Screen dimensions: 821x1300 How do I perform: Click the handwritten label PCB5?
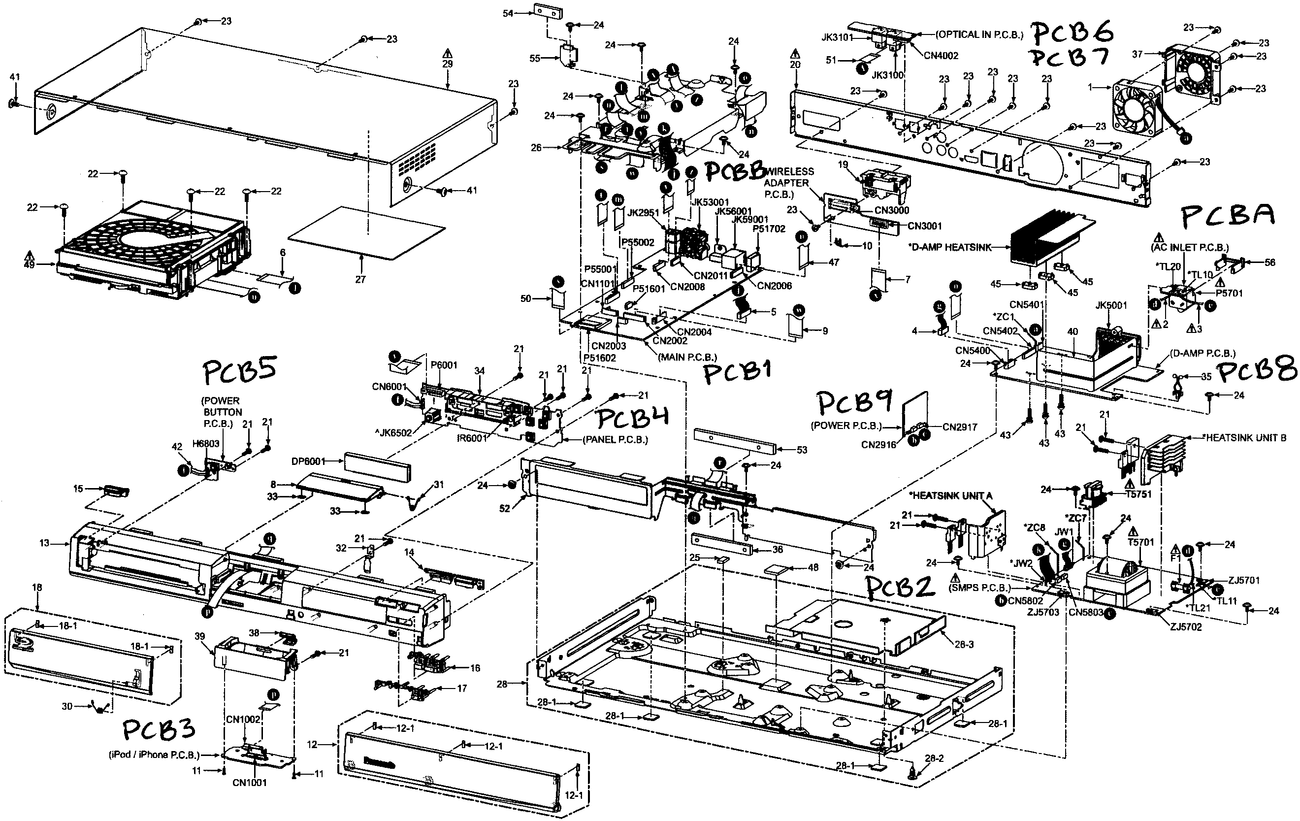tap(240, 372)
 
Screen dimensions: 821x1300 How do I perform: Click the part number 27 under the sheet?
tap(360, 279)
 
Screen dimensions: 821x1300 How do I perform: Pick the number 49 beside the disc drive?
tap(29, 264)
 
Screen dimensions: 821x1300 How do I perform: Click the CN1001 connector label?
tap(250, 783)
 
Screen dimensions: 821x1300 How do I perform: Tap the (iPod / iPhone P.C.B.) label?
tap(154, 755)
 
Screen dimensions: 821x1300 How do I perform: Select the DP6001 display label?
tap(308, 461)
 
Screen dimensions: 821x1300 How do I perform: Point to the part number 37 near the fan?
tap(1137, 54)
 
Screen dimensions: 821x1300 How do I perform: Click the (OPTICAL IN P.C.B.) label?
tap(979, 34)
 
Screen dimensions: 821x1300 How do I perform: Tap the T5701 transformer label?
tap(1141, 542)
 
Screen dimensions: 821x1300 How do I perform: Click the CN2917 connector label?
tap(960, 427)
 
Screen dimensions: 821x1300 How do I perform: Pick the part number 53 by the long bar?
tap(802, 450)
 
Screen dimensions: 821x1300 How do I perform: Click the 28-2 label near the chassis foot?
tap(934, 758)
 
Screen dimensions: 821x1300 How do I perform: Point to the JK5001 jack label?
tap(1111, 305)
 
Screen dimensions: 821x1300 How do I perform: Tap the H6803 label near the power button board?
tap(206, 444)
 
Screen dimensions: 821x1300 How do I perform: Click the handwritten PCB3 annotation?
tap(158, 730)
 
